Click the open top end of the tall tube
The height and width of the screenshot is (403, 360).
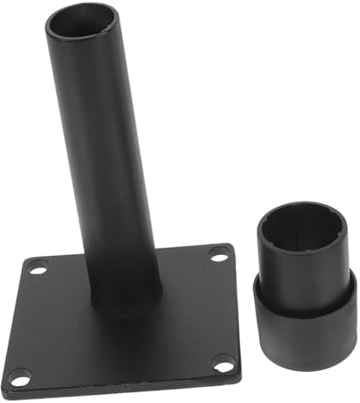click(x=82, y=21)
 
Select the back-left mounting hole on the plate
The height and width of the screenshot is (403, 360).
click(x=37, y=266)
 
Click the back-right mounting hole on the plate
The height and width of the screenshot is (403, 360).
click(x=218, y=254)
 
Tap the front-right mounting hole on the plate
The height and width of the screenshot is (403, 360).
click(x=225, y=364)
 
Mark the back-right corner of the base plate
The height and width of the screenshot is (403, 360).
click(x=230, y=245)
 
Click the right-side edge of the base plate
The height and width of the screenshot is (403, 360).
click(x=236, y=312)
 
